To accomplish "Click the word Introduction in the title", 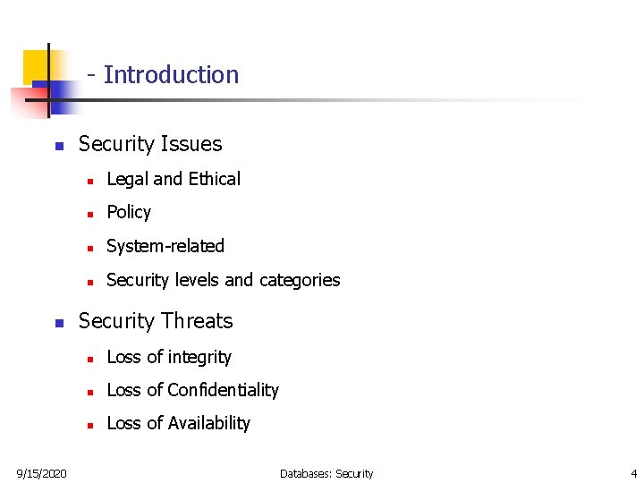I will tap(171, 75).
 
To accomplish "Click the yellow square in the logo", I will tap(35, 64).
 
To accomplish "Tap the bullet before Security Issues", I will tap(58, 146).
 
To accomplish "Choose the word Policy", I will tap(129, 213).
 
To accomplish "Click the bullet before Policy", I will tap(90, 214).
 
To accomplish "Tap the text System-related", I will tap(165, 246).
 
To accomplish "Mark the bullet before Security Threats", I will tap(58, 323).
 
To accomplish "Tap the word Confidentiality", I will tap(223, 390).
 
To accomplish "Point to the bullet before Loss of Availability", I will tap(90, 425).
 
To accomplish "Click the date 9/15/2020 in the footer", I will tap(41, 473).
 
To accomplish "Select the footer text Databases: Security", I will tap(326, 473).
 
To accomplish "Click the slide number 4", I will tap(633, 473).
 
